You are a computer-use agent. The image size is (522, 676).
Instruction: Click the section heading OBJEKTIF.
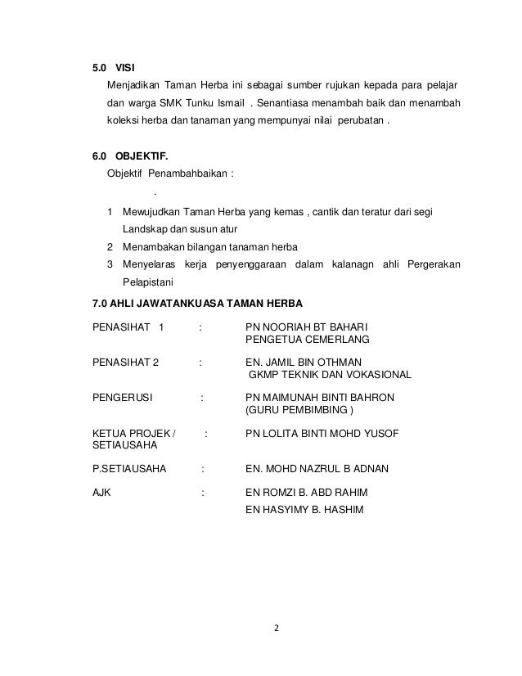point(136,155)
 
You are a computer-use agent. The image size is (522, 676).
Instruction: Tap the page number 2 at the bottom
point(277,629)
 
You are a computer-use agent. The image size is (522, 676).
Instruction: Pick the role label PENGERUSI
point(127,399)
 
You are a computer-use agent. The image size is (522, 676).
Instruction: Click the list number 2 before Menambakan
point(110,247)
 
